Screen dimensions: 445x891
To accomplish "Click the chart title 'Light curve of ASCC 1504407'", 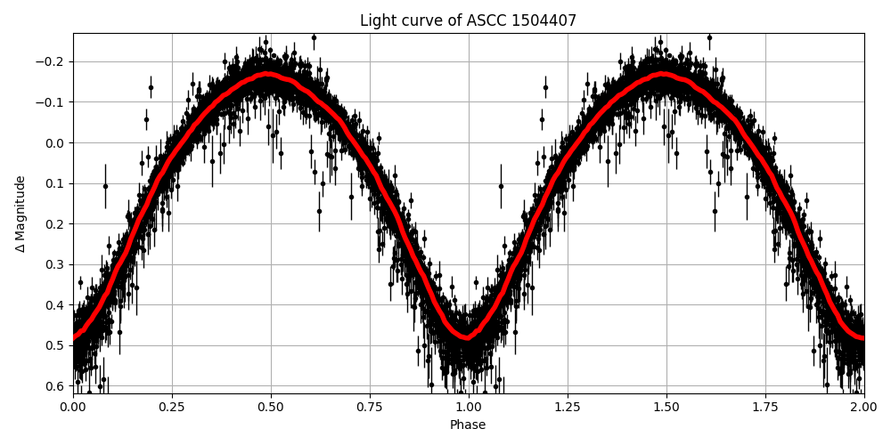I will click(468, 20).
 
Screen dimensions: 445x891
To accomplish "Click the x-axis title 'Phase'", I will click(468, 425).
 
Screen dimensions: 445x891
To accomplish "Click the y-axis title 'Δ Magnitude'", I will click(20, 214).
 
